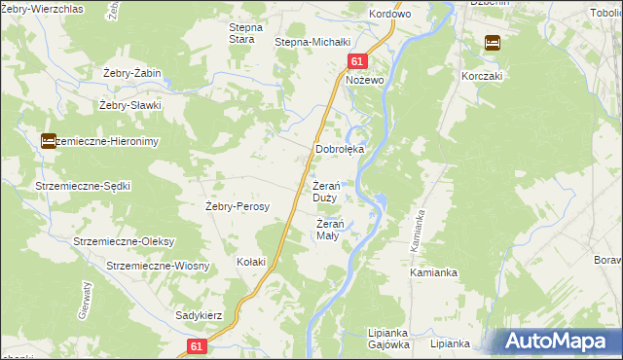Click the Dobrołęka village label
(340, 150)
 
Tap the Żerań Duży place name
(325, 192)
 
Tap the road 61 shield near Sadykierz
(198, 346)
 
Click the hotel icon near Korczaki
(493, 42)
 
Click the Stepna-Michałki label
(311, 43)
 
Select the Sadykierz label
(200, 316)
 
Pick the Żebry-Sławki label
(129, 105)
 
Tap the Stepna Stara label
(241, 33)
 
